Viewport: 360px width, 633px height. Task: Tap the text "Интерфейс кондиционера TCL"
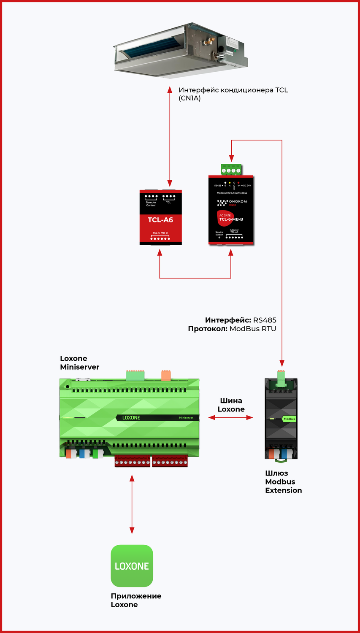click(233, 90)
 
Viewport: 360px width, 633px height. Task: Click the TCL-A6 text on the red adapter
click(160, 220)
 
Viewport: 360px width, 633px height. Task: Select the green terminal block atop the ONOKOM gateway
click(231, 170)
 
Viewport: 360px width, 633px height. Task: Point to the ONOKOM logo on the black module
click(232, 203)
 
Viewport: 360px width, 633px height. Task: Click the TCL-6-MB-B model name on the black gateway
click(231, 219)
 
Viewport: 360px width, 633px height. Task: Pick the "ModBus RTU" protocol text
click(252, 329)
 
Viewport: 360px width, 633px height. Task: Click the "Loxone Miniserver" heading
click(79, 362)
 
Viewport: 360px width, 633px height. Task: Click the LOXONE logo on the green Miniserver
click(131, 418)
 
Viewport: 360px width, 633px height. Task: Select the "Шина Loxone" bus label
click(231, 405)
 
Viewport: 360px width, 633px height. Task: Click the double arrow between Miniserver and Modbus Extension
click(231, 418)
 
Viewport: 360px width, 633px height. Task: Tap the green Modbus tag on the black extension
click(289, 419)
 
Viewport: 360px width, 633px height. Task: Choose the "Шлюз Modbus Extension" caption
click(283, 482)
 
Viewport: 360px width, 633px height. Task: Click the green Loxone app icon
click(132, 565)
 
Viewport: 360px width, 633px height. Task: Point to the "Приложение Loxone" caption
click(136, 600)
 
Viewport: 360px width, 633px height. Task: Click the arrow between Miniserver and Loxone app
click(132, 504)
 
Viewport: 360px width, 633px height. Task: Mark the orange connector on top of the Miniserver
click(166, 375)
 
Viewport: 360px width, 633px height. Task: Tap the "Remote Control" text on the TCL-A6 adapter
click(151, 204)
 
